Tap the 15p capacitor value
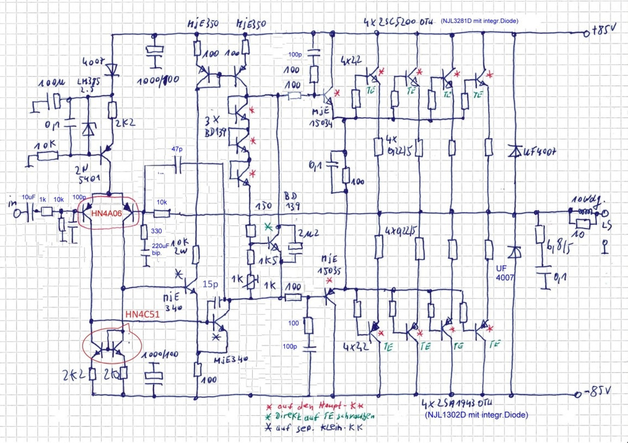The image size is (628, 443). (210, 284)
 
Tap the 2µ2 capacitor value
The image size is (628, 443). (305, 232)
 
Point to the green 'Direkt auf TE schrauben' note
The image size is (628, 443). (319, 415)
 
